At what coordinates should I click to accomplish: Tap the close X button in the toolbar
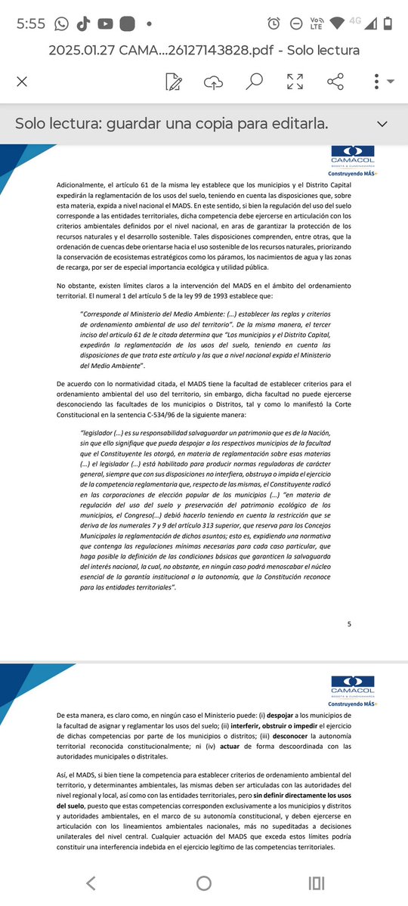pyautogui.click(x=22, y=81)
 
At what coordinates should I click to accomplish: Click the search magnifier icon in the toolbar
pyautogui.click(x=255, y=81)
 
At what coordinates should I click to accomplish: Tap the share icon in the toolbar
pyautogui.click(x=335, y=81)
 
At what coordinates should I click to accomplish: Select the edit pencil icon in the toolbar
pyautogui.click(x=174, y=81)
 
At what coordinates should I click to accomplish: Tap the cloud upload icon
pyautogui.click(x=214, y=81)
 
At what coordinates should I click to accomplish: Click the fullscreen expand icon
pyautogui.click(x=295, y=81)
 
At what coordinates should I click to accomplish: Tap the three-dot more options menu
pyautogui.click(x=376, y=81)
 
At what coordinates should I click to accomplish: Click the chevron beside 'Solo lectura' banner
pyautogui.click(x=382, y=123)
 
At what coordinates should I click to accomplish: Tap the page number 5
pyautogui.click(x=349, y=624)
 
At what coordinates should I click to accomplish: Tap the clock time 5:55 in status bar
pyautogui.click(x=31, y=23)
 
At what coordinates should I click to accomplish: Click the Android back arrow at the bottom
pyautogui.click(x=91, y=883)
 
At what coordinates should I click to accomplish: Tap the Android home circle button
pyautogui.click(x=204, y=883)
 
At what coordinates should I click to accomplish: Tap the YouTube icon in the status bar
pyautogui.click(x=105, y=23)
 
